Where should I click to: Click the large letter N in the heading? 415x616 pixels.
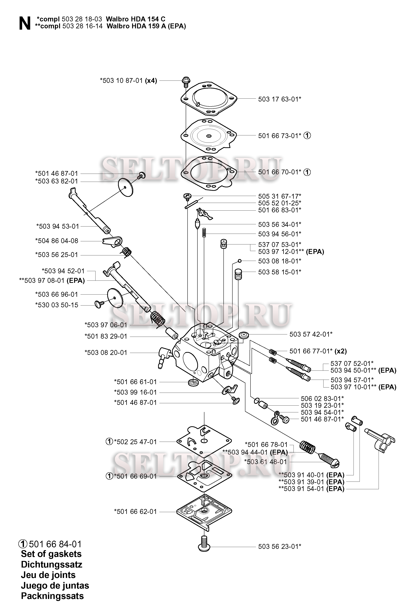(25, 24)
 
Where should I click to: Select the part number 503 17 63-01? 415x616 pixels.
(279, 99)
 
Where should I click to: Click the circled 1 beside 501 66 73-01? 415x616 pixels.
(307, 136)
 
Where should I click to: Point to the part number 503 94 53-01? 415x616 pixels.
(57, 226)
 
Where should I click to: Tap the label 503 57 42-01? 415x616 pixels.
(311, 334)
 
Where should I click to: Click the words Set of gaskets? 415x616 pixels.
(51, 554)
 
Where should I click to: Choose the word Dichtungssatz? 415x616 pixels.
(51, 564)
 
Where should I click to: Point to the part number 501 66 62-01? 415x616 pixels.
(135, 512)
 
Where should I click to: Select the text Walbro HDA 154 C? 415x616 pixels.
(136, 19)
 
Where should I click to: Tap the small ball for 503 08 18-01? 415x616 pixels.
(240, 261)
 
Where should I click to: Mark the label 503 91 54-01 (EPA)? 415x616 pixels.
(311, 489)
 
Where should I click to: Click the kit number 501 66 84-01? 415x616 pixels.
(55, 544)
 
